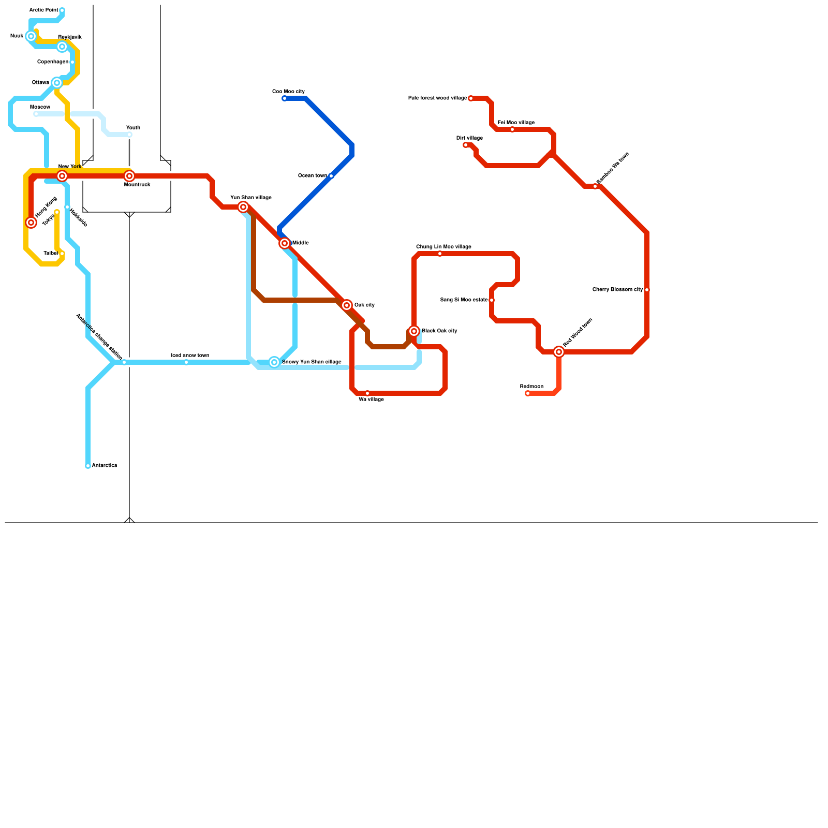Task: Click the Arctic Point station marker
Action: (x=62, y=10)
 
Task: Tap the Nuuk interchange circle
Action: (x=31, y=36)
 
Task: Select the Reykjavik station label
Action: (x=70, y=37)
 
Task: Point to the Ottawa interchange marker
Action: (x=57, y=83)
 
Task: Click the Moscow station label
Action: (x=40, y=107)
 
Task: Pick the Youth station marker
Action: (x=129, y=135)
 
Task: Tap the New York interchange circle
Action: (x=62, y=176)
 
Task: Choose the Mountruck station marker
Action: (x=129, y=176)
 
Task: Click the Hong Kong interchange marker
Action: (x=31, y=223)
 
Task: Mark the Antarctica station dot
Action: (x=88, y=466)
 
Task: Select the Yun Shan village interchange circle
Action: (x=243, y=207)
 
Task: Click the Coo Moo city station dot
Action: (x=285, y=98)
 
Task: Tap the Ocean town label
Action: (x=312, y=176)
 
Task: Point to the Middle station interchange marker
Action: (x=285, y=243)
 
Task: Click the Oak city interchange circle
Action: (x=347, y=305)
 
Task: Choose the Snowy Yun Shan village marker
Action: (x=274, y=362)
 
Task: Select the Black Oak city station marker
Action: (x=414, y=331)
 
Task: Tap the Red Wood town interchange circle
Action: (x=559, y=352)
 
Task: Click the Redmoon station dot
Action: (x=528, y=393)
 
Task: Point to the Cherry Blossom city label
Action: (x=617, y=290)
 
